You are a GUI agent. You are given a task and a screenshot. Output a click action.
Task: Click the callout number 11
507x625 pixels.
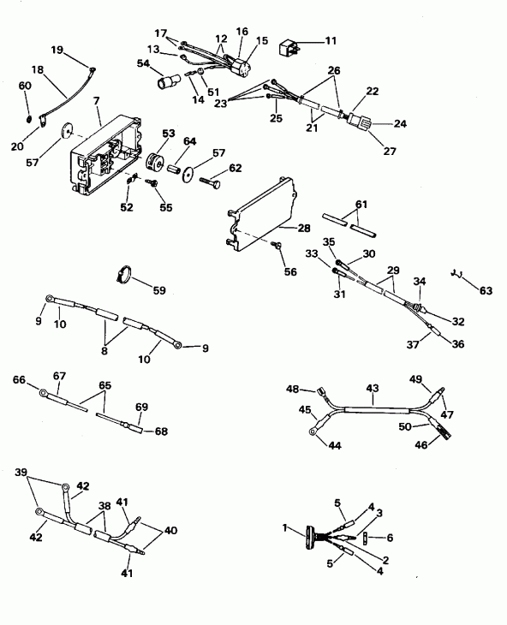(x=331, y=41)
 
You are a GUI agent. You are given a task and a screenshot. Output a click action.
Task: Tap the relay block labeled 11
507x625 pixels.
(x=292, y=47)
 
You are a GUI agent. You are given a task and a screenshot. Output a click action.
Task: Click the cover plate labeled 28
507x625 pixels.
(x=262, y=207)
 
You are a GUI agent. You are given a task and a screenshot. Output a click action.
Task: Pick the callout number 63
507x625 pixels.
(x=486, y=292)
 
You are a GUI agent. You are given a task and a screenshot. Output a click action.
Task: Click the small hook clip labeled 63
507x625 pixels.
(x=457, y=273)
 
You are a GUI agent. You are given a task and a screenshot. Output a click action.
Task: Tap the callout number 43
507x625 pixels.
(x=371, y=389)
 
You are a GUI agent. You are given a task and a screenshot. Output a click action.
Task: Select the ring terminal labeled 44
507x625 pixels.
(x=316, y=433)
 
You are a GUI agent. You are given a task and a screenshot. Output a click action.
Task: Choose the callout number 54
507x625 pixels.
(x=142, y=64)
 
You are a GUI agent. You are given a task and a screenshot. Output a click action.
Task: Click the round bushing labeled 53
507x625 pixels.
(x=158, y=162)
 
